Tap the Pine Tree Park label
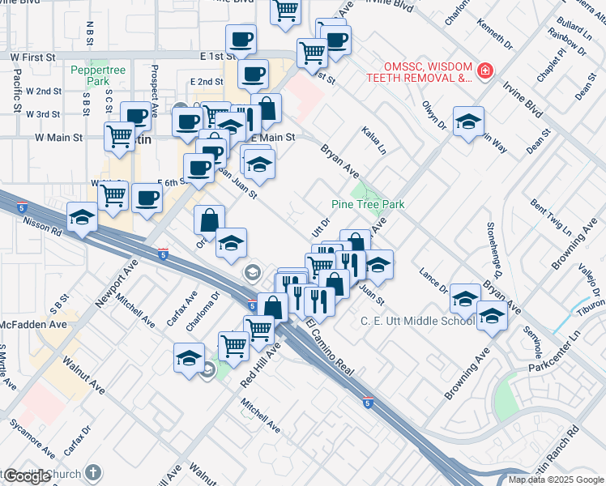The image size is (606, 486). pyautogui.click(x=368, y=205)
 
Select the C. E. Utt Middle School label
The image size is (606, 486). pyautogui.click(x=417, y=322)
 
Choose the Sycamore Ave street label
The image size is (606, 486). pyautogui.click(x=32, y=438)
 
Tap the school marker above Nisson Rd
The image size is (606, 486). pyautogui.click(x=82, y=217)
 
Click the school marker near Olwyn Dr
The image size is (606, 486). pyautogui.click(x=468, y=122)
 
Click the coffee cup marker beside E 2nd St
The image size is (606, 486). pyautogui.click(x=252, y=74)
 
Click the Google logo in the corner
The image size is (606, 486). pyautogui.click(x=27, y=476)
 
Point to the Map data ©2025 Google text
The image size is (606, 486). pyautogui.click(x=555, y=480)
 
